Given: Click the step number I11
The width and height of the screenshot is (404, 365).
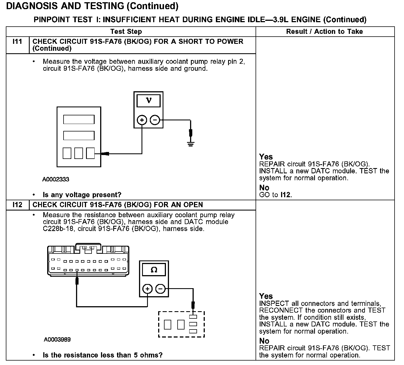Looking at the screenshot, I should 17,42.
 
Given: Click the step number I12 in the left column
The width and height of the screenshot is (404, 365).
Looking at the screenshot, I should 17,205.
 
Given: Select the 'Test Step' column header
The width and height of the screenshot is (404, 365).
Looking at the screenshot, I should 126,32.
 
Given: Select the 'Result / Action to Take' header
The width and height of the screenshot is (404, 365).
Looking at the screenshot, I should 324,32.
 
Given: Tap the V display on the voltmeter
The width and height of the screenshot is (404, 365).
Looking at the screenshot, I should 148,101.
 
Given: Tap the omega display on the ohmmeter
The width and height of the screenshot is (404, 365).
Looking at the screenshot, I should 154,270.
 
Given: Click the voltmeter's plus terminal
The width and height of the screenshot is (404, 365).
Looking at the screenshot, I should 142,120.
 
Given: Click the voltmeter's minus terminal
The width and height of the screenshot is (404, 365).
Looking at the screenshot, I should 155,120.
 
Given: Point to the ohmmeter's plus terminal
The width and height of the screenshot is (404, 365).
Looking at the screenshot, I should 147,289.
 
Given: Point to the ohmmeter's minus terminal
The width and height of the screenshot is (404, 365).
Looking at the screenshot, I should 160,289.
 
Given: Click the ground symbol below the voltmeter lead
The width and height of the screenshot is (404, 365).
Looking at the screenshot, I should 191,144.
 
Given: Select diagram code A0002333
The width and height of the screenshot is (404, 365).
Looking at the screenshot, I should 55,179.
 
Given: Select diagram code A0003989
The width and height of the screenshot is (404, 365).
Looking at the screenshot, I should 57,339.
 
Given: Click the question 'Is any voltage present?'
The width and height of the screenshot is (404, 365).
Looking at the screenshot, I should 82,195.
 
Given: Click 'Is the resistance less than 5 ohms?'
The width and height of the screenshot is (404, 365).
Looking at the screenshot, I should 102,355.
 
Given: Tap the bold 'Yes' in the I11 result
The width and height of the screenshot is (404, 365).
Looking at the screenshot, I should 266,157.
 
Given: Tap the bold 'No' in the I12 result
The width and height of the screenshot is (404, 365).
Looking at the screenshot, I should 264,341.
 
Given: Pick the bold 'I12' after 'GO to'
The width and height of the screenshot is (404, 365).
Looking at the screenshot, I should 286,195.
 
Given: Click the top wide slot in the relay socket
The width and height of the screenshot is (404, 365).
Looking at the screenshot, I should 79,120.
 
